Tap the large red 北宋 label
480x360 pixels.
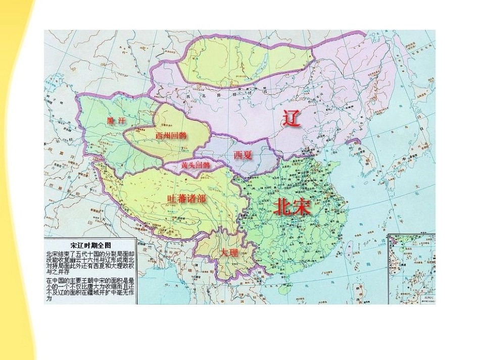[293, 207]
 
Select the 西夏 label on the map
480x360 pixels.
[243, 155]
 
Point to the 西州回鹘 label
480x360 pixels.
[171, 135]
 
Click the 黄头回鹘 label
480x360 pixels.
[195, 165]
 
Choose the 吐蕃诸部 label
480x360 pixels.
[186, 198]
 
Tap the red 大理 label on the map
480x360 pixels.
[229, 252]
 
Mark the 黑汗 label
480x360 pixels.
[116, 121]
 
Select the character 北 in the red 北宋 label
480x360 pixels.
[282, 207]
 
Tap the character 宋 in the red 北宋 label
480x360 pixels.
[302, 207]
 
